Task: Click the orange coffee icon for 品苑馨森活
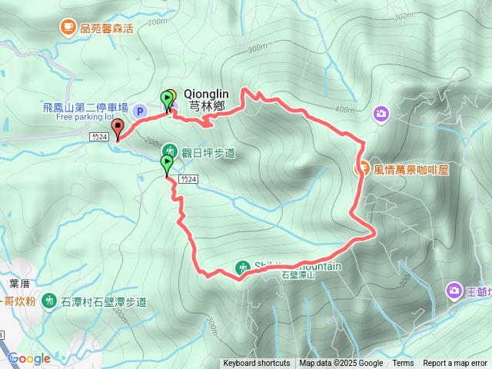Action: point(68,28)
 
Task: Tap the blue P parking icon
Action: point(140,111)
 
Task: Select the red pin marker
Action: point(117,129)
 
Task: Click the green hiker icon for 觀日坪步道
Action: point(171,151)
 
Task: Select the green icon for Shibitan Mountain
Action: point(242,268)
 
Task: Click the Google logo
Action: point(29,358)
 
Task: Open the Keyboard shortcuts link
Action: point(257,364)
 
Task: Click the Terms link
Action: point(403,364)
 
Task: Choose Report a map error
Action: point(456,364)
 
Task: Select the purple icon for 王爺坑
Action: point(454,291)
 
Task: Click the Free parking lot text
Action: point(85,118)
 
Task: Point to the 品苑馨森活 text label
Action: point(112,28)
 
